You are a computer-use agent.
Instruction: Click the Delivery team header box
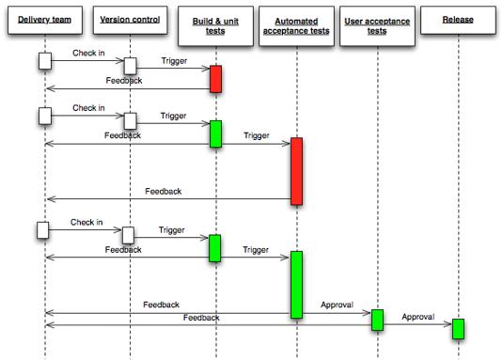44,20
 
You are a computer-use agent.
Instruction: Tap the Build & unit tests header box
215,25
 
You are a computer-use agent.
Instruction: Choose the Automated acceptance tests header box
296,25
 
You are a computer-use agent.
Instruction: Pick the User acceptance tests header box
376,25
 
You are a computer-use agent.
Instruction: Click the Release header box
457,20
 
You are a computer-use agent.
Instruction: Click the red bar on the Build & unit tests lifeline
215,79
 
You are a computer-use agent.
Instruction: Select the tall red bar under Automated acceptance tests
296,171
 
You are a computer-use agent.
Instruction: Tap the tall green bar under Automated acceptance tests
296,285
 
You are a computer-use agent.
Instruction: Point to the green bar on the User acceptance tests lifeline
377,320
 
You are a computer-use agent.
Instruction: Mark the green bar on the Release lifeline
458,329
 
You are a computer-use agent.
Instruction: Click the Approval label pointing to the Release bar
417,318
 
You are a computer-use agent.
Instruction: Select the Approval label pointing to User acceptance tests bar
337,305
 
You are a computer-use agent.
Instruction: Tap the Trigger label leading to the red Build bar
173,62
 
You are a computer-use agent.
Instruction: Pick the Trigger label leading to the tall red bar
256,136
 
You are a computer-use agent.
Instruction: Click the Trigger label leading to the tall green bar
256,250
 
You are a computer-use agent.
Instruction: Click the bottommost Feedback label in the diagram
200,318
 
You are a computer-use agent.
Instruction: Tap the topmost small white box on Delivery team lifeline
44,61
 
